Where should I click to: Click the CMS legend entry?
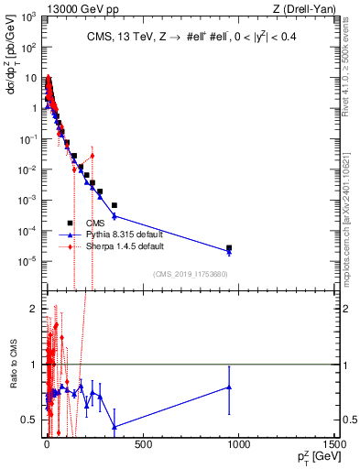point(95,223)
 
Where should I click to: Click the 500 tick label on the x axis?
point(142,445)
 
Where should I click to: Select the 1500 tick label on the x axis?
point(333,445)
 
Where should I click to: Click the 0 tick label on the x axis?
point(46,445)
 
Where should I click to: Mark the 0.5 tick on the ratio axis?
point(33,420)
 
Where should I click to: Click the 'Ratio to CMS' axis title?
point(16,376)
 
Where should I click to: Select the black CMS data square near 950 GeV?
point(229,248)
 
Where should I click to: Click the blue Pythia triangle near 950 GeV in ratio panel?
point(229,387)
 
